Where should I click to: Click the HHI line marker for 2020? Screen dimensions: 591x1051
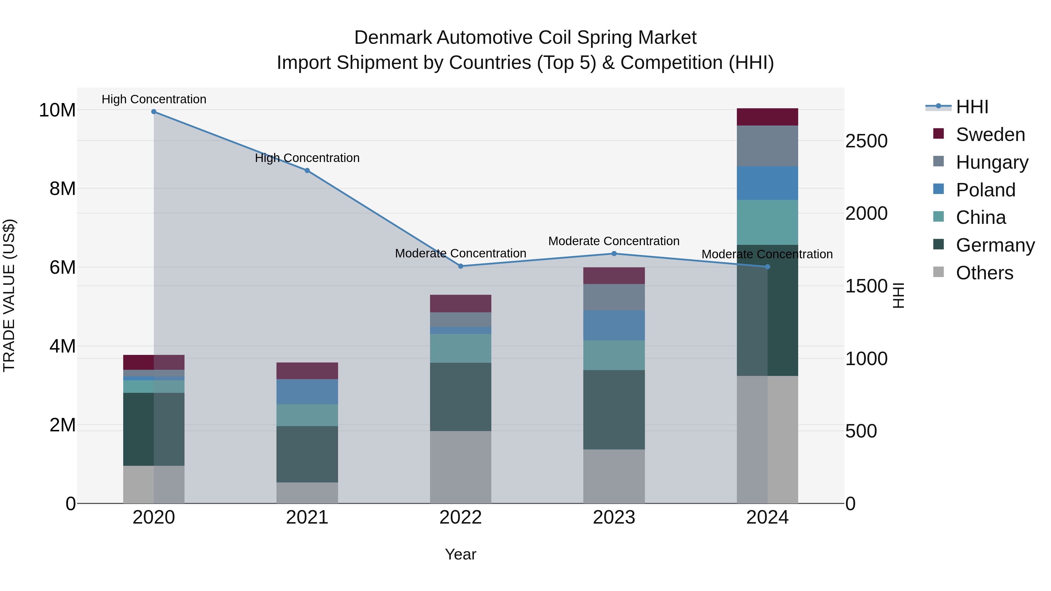pyautogui.click(x=154, y=111)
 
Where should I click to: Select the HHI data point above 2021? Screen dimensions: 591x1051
pyautogui.click(x=307, y=170)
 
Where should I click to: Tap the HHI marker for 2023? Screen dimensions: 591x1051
pyautogui.click(x=614, y=254)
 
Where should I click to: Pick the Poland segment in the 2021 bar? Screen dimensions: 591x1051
pyautogui.click(x=307, y=392)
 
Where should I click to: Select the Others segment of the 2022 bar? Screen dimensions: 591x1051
pyautogui.click(x=461, y=467)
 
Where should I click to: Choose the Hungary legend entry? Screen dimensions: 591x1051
pyautogui.click(x=991, y=162)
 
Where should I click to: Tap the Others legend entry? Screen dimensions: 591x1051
pyautogui.click(x=984, y=273)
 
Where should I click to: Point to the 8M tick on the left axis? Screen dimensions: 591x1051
pyautogui.click(x=62, y=189)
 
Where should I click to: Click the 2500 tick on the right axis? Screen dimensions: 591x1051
pyautogui.click(x=866, y=141)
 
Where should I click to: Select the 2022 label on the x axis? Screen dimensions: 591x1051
pyautogui.click(x=461, y=517)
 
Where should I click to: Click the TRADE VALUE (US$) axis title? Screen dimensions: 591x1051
pyautogui.click(x=9, y=295)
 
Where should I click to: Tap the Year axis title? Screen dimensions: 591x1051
pyautogui.click(x=461, y=554)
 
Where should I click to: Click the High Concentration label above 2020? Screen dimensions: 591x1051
pyautogui.click(x=154, y=99)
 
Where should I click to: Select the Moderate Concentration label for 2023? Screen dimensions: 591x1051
pyautogui.click(x=614, y=241)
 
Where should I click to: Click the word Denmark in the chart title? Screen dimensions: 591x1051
pyautogui.click(x=393, y=38)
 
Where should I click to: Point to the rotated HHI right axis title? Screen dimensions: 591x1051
pyautogui.click(x=898, y=295)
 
